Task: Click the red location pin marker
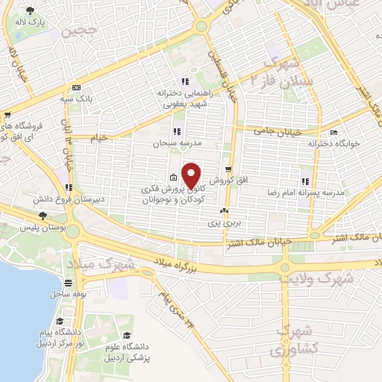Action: click(192, 175)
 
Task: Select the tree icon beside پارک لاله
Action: click(30, 11)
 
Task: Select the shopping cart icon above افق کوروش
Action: click(228, 169)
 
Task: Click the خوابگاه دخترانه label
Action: click(336, 142)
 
